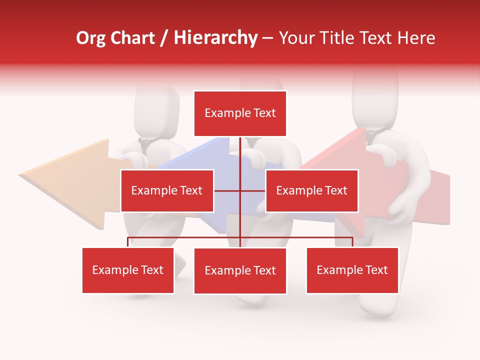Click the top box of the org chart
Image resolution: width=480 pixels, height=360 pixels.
click(240, 113)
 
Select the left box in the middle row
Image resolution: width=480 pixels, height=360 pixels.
click(167, 190)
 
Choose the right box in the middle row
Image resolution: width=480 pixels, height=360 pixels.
click(311, 190)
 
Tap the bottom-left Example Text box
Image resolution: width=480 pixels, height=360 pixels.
click(128, 270)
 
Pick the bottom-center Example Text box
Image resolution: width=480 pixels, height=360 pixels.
click(240, 270)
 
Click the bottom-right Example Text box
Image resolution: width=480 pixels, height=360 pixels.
click(352, 270)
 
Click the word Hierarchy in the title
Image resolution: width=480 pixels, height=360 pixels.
click(215, 38)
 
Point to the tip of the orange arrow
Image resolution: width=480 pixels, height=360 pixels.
click(20, 175)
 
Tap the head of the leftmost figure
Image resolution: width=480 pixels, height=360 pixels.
click(156, 112)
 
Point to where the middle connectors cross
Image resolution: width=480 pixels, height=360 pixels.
click(240, 190)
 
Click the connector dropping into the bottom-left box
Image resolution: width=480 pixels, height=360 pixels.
click(128, 242)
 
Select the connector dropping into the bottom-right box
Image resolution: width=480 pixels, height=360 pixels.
click(352, 242)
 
